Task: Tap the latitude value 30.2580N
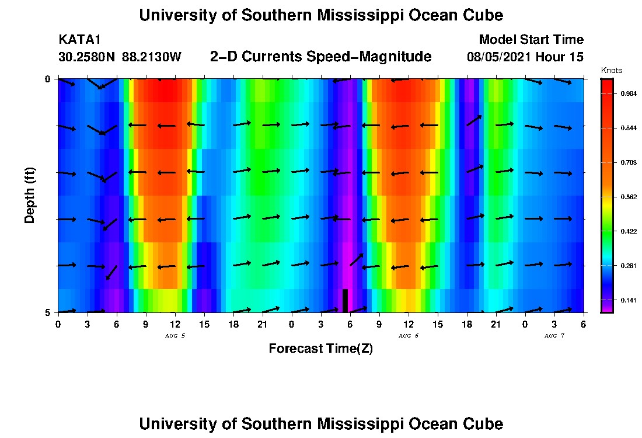click(88, 57)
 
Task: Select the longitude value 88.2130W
click(152, 57)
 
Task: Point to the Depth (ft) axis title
click(30, 195)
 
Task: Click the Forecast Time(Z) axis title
click(320, 349)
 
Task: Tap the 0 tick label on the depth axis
click(47, 79)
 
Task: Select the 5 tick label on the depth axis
click(47, 312)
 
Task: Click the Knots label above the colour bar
click(611, 71)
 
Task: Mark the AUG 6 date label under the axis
click(408, 336)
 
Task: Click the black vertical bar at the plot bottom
click(345, 301)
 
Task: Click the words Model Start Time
click(531, 40)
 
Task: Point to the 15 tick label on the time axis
click(204, 324)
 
